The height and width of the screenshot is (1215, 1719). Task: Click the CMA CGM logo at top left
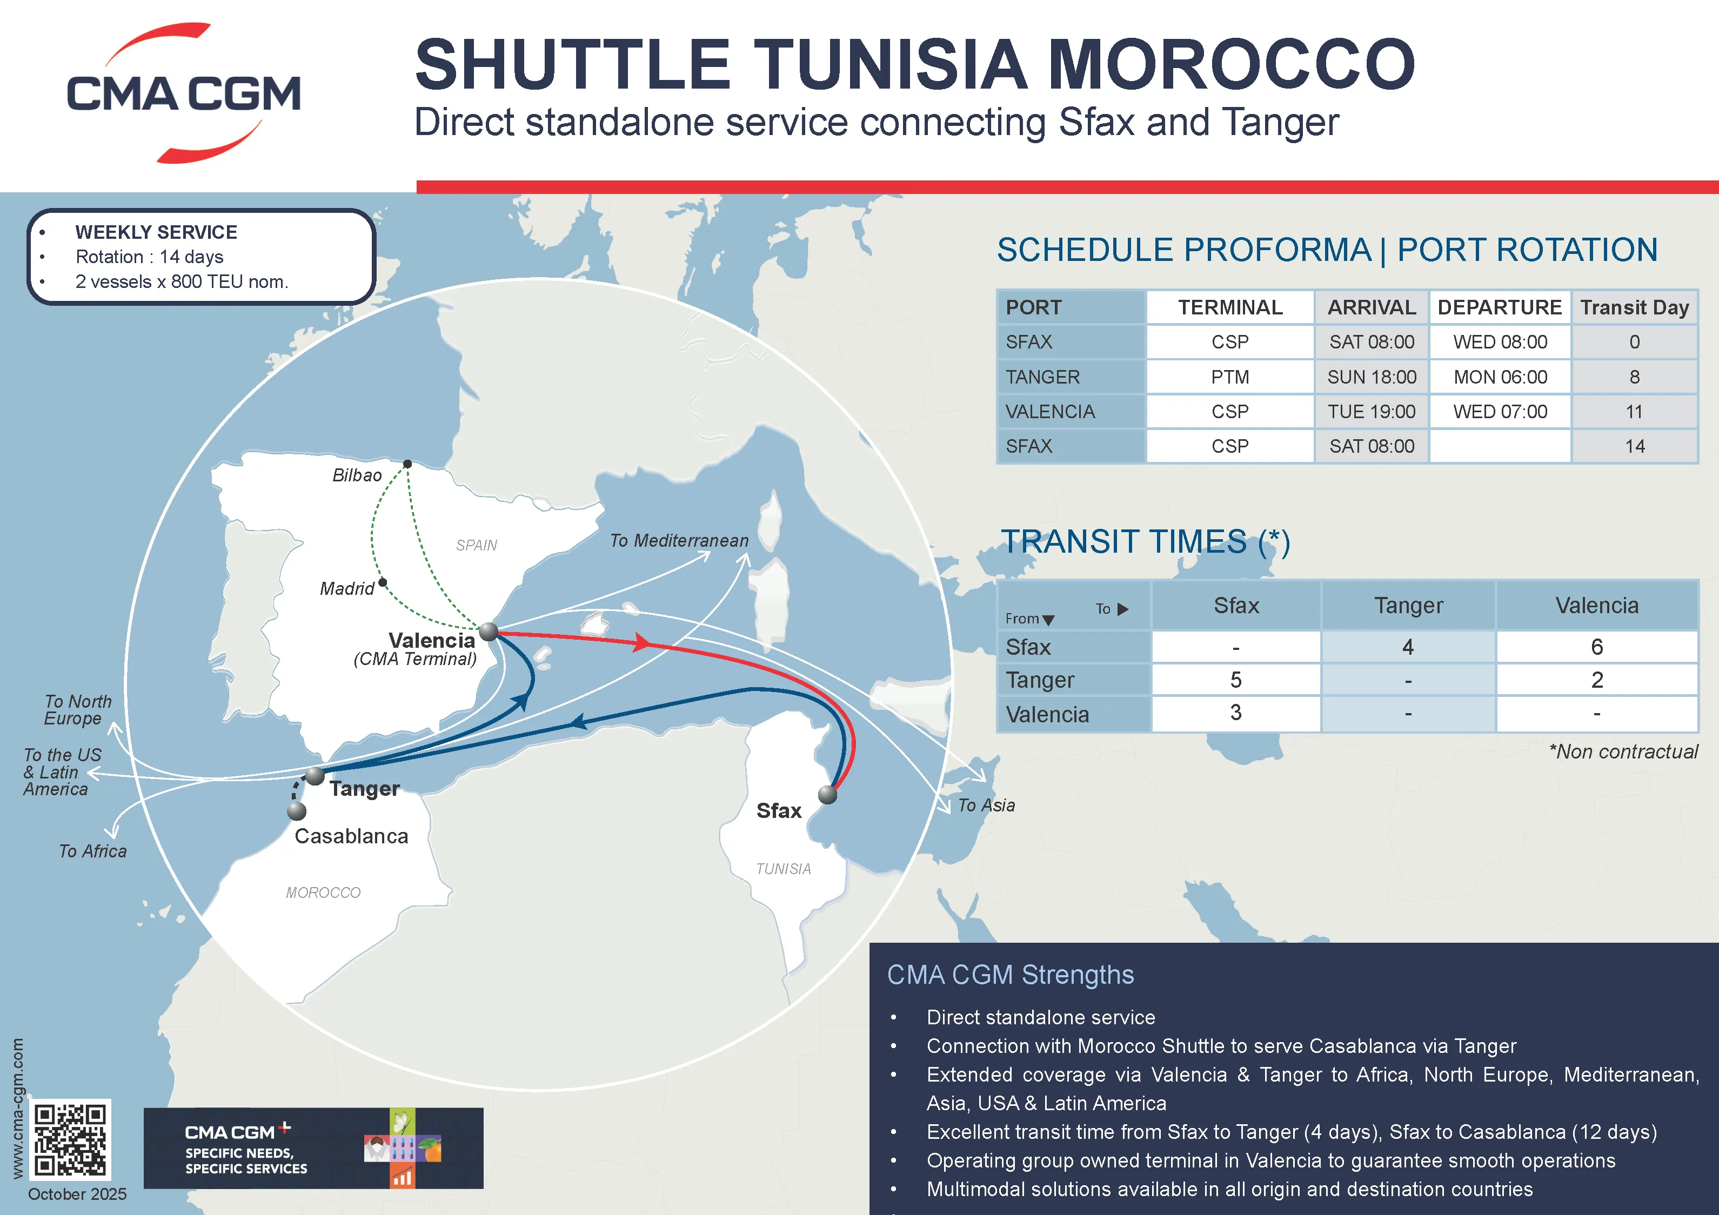click(183, 93)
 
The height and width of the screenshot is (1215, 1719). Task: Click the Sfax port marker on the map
click(827, 794)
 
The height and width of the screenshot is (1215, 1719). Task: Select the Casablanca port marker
click(297, 811)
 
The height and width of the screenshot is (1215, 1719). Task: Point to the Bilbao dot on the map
click(407, 464)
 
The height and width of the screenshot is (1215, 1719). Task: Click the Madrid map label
click(346, 588)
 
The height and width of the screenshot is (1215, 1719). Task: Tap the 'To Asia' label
click(986, 805)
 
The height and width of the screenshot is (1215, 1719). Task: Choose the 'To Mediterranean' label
click(679, 540)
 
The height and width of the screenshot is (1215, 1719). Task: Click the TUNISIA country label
click(783, 868)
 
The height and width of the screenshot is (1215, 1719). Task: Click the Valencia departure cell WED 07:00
click(1500, 412)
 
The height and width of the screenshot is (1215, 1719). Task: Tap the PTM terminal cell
click(1230, 377)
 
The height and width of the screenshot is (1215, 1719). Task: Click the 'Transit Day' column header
click(1634, 307)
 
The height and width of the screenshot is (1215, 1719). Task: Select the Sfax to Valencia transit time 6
click(1596, 647)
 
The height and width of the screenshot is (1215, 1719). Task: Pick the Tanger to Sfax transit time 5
click(1235, 680)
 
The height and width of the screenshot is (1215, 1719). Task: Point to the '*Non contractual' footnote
click(1623, 751)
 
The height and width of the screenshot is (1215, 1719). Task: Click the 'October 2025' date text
click(77, 1194)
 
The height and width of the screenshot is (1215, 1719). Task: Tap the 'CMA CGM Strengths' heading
click(1010, 975)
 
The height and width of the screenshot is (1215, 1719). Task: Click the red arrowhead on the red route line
click(641, 642)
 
